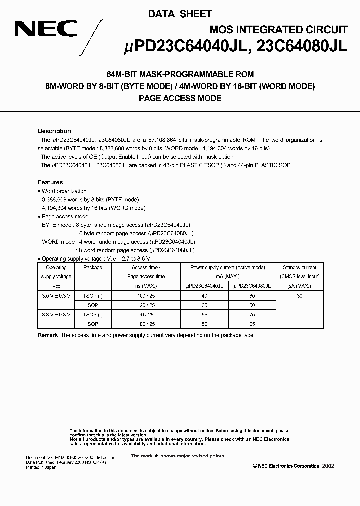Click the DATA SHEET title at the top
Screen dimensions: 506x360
tap(179, 14)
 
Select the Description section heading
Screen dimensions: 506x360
tap(54, 131)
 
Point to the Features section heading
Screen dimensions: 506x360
tap(50, 182)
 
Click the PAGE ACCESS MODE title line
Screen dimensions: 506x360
tap(180, 99)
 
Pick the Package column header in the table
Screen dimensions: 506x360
tap(93, 268)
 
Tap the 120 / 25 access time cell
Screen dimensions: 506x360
tap(146, 305)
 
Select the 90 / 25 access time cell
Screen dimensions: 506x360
tap(146, 314)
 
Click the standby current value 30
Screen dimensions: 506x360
tap(299, 296)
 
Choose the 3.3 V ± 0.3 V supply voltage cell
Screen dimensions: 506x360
tap(56, 314)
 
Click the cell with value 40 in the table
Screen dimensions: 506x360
tap(204, 296)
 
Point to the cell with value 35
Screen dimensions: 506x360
tap(204, 305)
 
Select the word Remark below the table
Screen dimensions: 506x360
tap(48, 335)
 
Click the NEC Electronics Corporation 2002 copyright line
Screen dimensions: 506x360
tap(293, 466)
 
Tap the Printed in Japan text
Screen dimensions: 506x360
tap(41, 467)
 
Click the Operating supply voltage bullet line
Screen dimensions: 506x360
tap(94, 259)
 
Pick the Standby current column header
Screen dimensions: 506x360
tap(299, 268)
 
